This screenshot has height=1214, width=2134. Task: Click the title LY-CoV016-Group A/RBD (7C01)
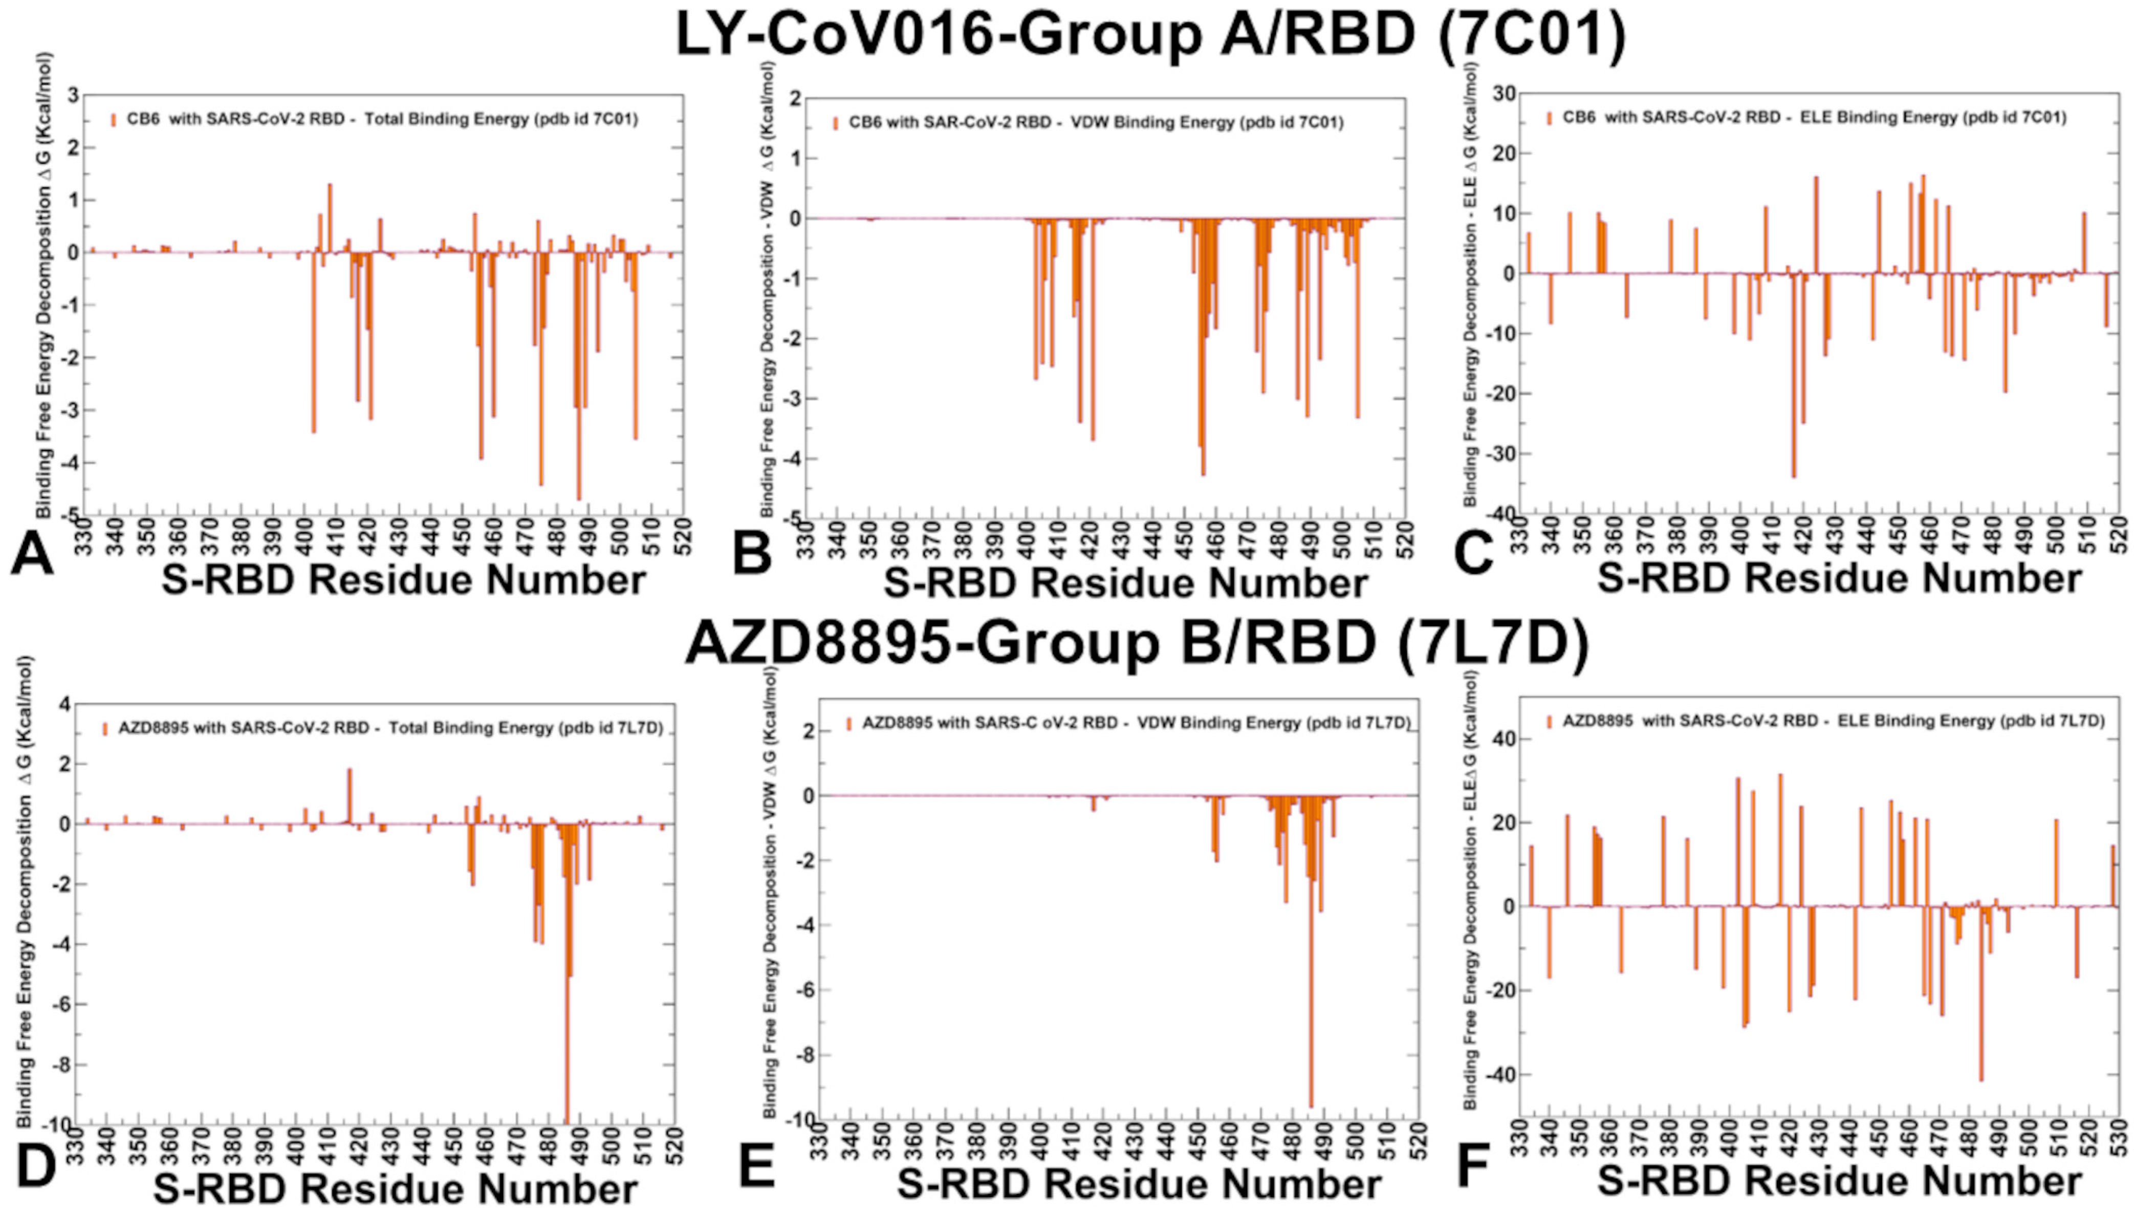pos(1150,35)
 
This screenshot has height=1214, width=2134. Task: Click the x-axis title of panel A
pos(403,579)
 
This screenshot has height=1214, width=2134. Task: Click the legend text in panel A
pos(382,119)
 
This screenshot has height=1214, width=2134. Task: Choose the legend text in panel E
pos(1136,723)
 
